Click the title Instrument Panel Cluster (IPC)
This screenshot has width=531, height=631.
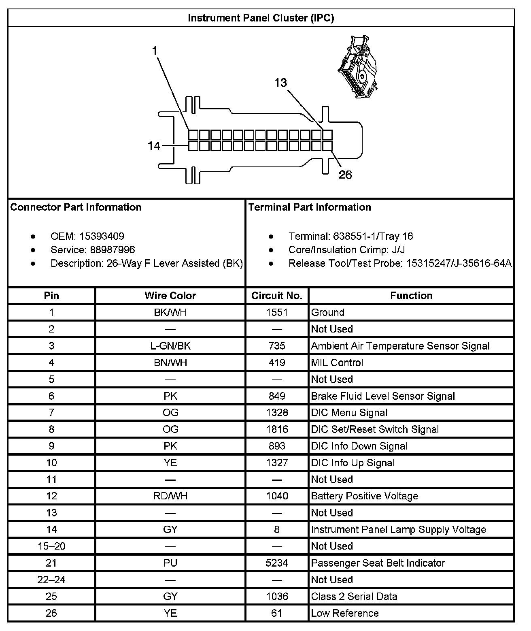click(261, 18)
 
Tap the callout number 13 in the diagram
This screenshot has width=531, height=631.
click(280, 83)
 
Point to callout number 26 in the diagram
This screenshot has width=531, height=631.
click(345, 175)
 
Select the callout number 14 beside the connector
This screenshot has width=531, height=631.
click(154, 146)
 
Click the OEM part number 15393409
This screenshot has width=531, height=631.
click(102, 236)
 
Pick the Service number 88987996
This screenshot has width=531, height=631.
click(107, 249)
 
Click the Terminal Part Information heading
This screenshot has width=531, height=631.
click(310, 207)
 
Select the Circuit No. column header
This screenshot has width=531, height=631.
click(277, 296)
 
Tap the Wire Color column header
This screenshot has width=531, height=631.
click(170, 296)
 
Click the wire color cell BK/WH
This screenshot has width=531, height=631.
click(170, 312)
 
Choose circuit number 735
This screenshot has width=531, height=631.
click(277, 346)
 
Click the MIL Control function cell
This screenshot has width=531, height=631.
click(337, 362)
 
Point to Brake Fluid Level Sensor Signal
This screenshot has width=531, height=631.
click(383, 396)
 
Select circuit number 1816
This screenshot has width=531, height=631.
click(277, 429)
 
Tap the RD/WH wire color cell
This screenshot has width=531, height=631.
click(170, 496)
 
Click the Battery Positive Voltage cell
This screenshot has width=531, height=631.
click(364, 496)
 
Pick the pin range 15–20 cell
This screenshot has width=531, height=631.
click(51, 546)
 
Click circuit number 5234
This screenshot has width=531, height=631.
click(277, 563)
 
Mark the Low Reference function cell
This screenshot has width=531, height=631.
click(345, 613)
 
